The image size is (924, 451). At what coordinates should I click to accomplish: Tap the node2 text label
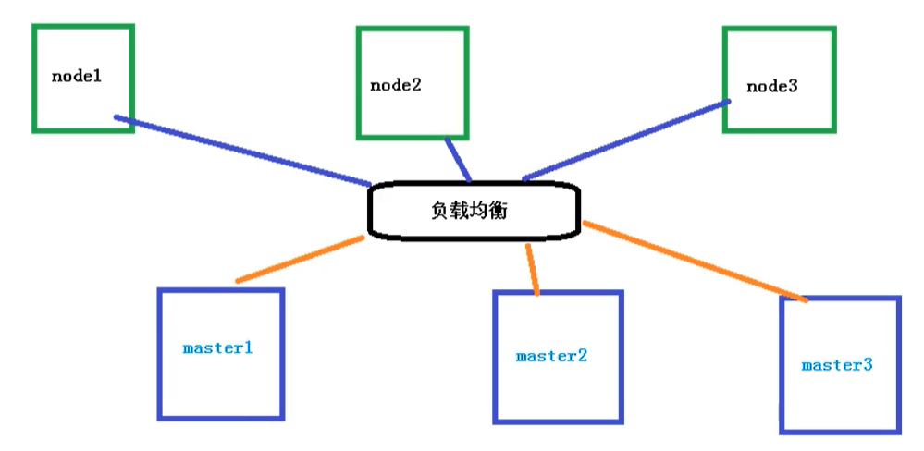coord(396,85)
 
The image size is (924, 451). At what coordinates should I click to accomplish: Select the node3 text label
coord(771,86)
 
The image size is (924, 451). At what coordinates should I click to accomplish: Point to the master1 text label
coord(218,348)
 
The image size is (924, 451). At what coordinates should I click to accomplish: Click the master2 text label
coord(551,355)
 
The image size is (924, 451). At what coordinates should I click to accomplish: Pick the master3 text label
coord(836,364)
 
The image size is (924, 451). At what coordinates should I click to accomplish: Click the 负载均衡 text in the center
coord(469,211)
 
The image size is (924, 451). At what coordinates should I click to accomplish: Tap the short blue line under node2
coord(458,160)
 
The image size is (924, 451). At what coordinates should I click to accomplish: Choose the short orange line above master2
coord(532,269)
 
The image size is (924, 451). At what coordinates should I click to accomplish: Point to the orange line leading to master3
coord(694,261)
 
